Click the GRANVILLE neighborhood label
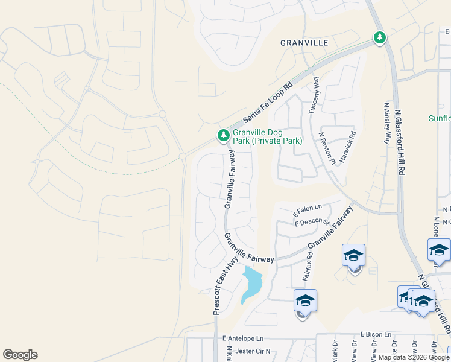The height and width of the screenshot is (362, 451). click(304, 43)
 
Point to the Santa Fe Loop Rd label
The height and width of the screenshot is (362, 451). click(266, 103)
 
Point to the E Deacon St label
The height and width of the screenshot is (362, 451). click(312, 223)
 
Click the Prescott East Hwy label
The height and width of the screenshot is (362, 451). click(224, 285)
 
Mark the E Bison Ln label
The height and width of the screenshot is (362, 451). click(376, 334)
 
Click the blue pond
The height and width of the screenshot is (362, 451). click(251, 282)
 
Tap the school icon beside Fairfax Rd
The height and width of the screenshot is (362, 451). click(305, 300)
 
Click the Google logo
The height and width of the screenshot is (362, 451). click(20, 355)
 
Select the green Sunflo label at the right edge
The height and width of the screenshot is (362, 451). click(440, 118)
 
